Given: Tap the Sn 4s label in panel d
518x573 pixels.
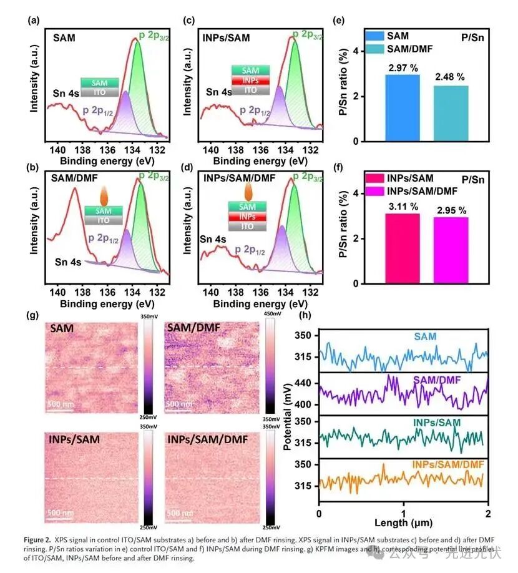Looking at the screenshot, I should click(214, 238).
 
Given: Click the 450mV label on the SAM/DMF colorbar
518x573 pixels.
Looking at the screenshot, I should click(273, 314).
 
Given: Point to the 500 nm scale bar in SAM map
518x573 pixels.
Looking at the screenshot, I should click(61, 404).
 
